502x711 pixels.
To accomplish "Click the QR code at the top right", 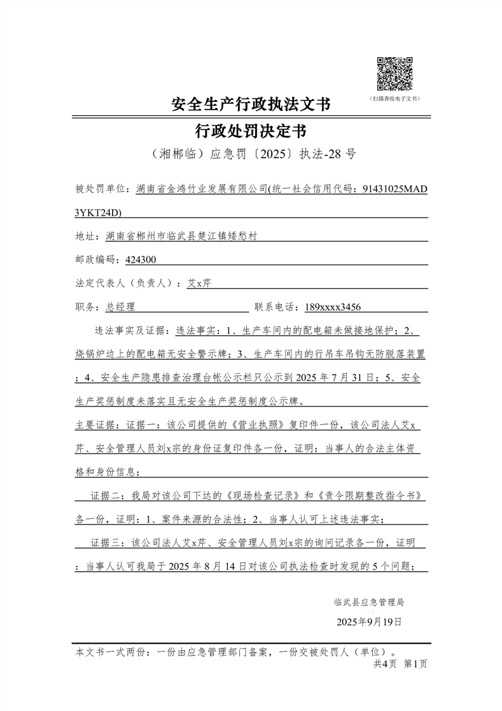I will click(395, 74).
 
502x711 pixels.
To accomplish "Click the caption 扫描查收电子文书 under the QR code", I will click(395, 99).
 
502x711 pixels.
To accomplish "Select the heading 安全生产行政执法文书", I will click(251, 104).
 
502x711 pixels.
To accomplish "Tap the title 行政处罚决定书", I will click(251, 132).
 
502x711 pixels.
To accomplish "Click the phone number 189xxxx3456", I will click(333, 307).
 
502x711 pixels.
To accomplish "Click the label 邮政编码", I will click(95, 259).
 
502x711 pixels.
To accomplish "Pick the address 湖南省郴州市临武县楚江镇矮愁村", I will click(182, 236).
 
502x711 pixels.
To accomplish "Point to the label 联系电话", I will click(277, 307).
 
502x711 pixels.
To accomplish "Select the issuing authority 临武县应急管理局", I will click(368, 602).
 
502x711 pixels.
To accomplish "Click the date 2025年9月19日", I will click(368, 621).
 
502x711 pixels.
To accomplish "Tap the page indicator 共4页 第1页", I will click(400, 664).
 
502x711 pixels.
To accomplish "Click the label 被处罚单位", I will click(101, 189).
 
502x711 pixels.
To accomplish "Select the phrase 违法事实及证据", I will click(129, 331).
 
